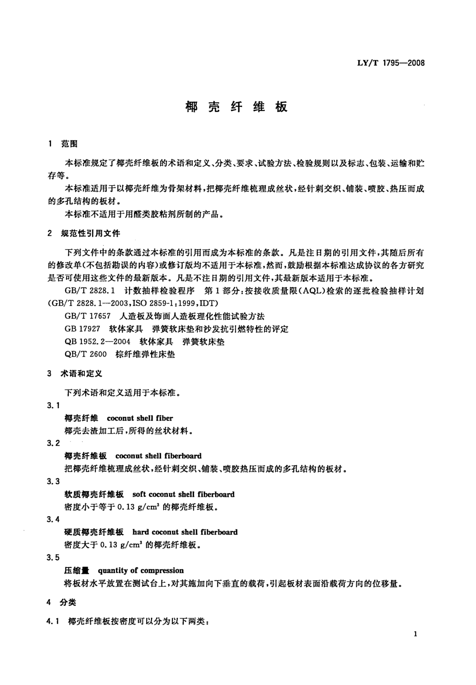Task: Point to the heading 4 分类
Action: [61, 602]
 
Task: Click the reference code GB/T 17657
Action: [87, 316]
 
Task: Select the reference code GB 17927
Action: [82, 329]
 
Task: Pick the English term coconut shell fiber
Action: [140, 418]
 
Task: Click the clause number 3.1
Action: [53, 406]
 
